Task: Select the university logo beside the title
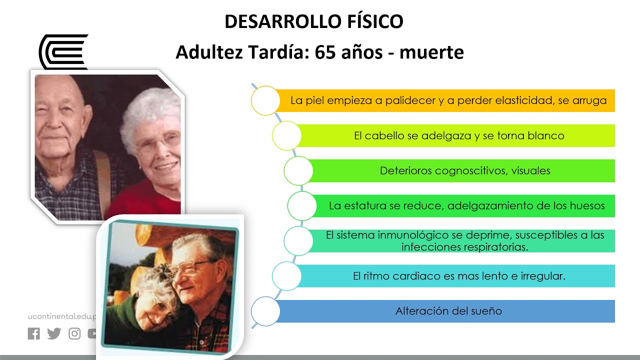[63, 51]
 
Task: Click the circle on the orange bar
[265, 100]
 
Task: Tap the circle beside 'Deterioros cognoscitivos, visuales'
[298, 170]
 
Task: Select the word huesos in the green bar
[587, 205]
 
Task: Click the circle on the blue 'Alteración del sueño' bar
[265, 311]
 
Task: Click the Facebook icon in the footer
[33, 333]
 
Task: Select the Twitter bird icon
[54, 333]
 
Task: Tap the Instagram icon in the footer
[74, 333]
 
